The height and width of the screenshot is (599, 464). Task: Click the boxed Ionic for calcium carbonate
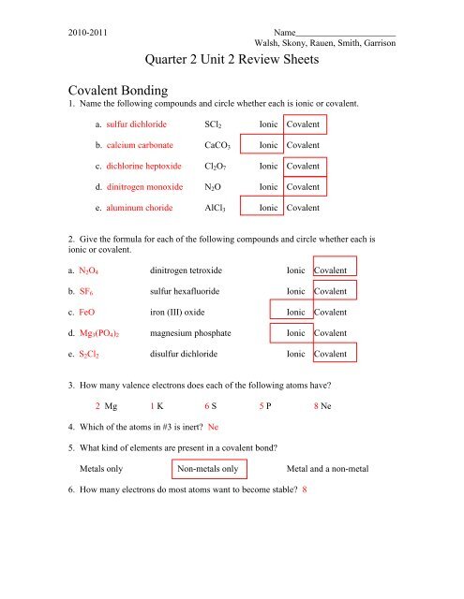pos(269,145)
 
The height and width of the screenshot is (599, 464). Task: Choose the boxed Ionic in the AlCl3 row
pos(269,208)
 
